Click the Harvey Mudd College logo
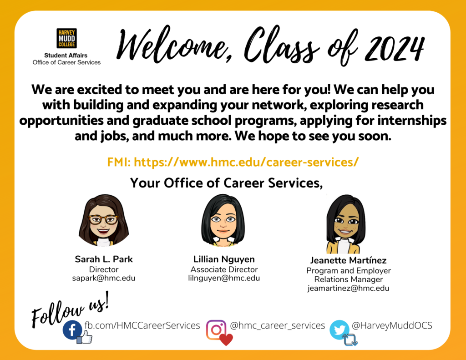66,38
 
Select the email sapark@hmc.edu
104,278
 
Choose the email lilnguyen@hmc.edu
224,278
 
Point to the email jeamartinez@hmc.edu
348,289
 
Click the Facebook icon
72,330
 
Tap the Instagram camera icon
216,330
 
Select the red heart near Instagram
226,340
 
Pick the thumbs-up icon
85,337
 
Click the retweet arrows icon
350,340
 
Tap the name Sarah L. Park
104,259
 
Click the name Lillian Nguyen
224,259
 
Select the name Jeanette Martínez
348,260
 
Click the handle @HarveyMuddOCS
392,325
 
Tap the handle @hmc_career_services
277,326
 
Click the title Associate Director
224,269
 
